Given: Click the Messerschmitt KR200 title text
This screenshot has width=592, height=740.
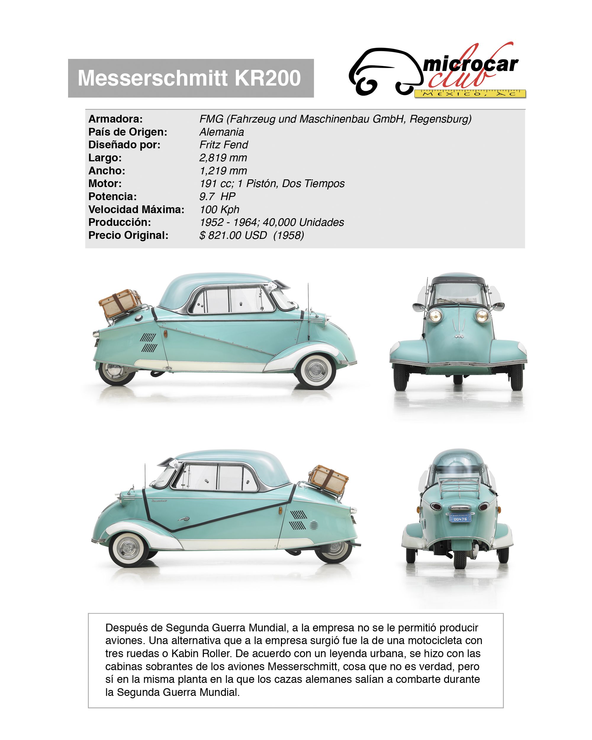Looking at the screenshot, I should click(189, 78).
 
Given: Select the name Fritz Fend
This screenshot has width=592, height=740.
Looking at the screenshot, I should click(223, 145).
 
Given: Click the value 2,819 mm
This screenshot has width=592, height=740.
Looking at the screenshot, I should click(223, 158).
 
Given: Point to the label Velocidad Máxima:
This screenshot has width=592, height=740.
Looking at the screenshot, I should click(136, 209).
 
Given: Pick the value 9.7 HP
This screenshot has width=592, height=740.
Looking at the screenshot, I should click(217, 197).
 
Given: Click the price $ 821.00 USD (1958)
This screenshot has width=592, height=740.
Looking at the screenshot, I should click(252, 235).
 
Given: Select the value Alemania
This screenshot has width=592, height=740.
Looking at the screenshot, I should click(222, 132).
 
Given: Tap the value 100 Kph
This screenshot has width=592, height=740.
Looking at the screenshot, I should click(219, 209).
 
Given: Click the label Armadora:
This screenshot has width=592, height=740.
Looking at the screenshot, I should click(115, 119).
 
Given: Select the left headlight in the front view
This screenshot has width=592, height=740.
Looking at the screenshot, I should click(435, 314).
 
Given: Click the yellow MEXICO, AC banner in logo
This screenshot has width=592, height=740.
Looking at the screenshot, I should click(470, 94).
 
